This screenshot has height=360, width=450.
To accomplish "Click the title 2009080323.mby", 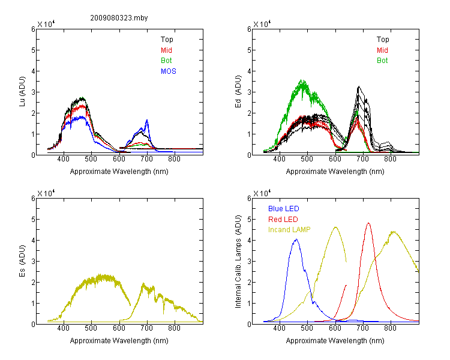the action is [x=119, y=18].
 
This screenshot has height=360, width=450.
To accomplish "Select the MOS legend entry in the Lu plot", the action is [x=169, y=71].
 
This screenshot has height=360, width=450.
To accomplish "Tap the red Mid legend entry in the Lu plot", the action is [x=166, y=50].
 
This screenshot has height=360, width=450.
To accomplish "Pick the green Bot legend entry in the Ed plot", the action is [x=382, y=61].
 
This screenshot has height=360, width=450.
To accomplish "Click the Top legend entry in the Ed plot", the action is [x=383, y=40].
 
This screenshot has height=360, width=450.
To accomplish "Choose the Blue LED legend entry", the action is [x=284, y=209].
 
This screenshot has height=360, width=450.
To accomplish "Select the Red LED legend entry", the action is [x=283, y=220].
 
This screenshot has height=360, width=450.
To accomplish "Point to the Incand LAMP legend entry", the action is [x=289, y=230].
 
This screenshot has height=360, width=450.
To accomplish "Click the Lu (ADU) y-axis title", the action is [x=22, y=91].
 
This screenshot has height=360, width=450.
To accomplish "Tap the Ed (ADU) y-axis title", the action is [x=238, y=91].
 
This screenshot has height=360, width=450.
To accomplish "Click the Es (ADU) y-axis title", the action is [x=22, y=260].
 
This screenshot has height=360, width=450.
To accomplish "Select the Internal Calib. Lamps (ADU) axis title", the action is [x=238, y=262].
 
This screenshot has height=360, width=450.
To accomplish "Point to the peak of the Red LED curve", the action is [x=368, y=223].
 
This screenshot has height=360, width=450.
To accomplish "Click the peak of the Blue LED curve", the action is [x=296, y=239].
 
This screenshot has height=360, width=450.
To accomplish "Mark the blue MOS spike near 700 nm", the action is [x=147, y=120].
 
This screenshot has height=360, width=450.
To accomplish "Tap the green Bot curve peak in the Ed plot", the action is [x=302, y=80].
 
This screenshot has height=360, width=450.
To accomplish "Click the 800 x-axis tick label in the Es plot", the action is [x=174, y=328].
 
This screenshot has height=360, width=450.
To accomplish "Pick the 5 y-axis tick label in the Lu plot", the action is [x=33, y=50].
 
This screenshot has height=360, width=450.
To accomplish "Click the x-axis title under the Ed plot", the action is [x=335, y=172].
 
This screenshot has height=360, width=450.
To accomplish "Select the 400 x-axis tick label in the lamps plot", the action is [x=279, y=328].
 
